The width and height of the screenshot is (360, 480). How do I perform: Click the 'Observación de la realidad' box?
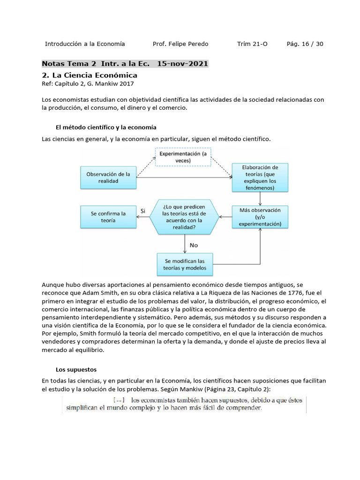coord(108,177)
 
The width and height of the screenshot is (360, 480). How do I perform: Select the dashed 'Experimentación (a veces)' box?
coord(183,157)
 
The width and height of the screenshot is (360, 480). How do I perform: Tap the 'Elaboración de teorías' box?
coord(260,178)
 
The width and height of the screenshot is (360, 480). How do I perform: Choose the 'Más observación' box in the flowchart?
coord(260,217)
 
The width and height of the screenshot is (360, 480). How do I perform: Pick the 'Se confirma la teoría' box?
coord(108,217)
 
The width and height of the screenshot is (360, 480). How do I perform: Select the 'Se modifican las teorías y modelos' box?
coord(185,265)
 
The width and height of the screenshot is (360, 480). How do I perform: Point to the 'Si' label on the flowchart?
coord(143,211)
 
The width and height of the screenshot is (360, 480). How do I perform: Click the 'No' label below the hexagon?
coord(194,245)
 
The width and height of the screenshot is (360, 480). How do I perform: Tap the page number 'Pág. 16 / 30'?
coord(305,44)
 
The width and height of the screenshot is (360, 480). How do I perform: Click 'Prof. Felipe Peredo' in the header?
coord(180,44)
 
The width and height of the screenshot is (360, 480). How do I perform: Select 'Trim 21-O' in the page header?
coord(252,44)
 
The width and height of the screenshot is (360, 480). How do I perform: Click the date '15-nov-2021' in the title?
coord(182,64)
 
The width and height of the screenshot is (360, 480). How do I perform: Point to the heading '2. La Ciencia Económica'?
coord(90,75)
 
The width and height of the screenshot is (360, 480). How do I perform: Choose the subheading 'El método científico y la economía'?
coord(106,127)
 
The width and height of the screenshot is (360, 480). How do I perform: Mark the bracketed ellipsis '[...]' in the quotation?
coord(118,400)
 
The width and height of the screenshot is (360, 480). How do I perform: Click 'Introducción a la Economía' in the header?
coord(85,44)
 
